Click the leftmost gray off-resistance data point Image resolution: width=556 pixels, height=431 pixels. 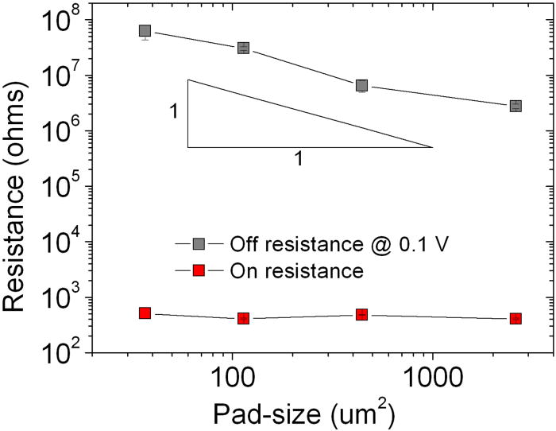[x=145, y=31]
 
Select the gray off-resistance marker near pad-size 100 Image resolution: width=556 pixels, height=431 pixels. [x=243, y=48]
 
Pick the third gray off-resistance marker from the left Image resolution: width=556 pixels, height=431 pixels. [x=361, y=85]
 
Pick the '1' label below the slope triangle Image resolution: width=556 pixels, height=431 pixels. [x=299, y=159]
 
